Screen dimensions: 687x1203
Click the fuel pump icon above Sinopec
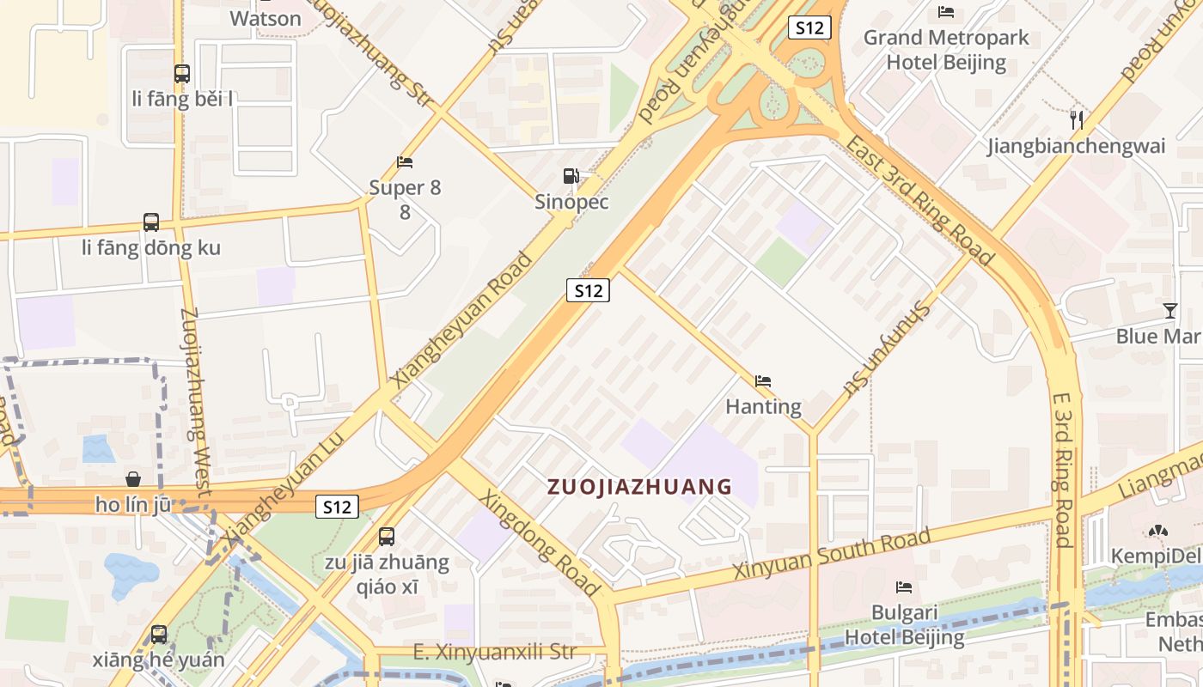point(571,176)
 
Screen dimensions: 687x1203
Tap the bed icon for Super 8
point(405,161)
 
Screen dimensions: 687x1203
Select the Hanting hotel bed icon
point(762,381)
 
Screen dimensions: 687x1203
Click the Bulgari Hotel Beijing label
point(904,625)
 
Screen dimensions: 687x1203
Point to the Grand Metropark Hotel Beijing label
point(946,50)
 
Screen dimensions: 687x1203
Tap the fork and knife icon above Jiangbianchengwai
point(1076,119)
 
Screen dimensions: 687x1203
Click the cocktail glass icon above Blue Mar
point(1169,310)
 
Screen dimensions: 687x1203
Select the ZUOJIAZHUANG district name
point(640,487)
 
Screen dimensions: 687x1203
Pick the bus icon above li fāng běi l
point(181,74)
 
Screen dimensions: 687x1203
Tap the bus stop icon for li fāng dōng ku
point(151,222)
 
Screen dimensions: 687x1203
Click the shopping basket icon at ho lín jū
point(133,478)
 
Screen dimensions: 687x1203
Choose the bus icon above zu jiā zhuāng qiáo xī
point(387,537)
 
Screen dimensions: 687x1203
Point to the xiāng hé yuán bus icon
point(159,635)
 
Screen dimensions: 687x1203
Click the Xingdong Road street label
point(540,543)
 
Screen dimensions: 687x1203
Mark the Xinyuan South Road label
point(831,554)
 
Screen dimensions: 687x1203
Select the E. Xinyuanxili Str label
point(494,652)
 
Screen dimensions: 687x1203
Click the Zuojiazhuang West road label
point(196,400)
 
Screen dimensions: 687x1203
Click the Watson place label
point(266,18)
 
